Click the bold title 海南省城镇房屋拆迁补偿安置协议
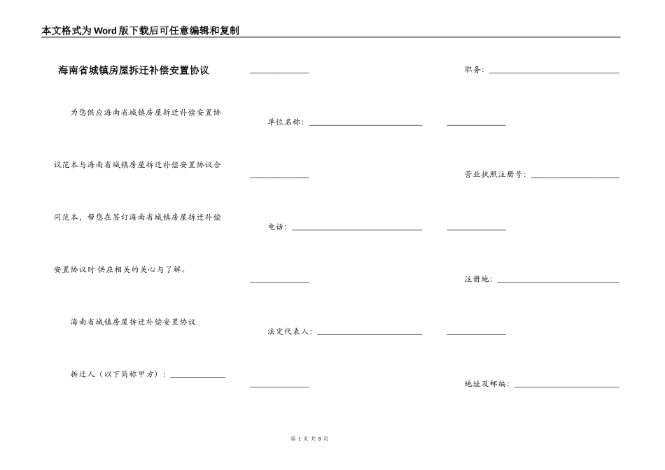tap(134, 70)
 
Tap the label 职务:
tap(474, 70)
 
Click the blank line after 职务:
tap(554, 72)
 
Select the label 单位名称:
tap(286, 122)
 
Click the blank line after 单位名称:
tap(365, 124)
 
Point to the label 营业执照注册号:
tap(495, 175)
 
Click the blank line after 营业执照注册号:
tap(575, 177)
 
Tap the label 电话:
tap(277, 227)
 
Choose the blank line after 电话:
tap(357, 229)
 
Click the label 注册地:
tap(478, 280)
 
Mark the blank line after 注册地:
tap(558, 282)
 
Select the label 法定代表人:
tap(290, 332)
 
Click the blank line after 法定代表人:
tap(370, 334)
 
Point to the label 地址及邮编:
tap(486, 385)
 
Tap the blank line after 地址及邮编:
tap(567, 387)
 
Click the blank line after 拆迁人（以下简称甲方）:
tap(198, 376)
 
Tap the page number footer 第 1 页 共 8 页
tap(309, 439)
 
